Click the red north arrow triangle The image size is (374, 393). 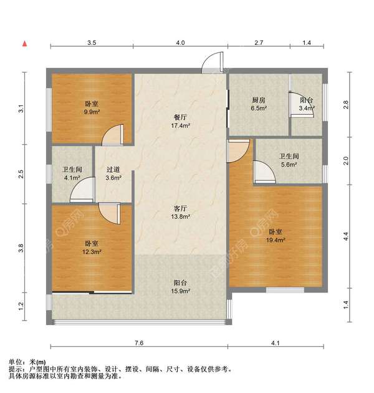(x=24, y=44)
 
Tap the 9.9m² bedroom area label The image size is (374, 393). (x=92, y=112)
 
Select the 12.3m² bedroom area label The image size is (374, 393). (x=92, y=251)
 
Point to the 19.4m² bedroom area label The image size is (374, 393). (x=276, y=240)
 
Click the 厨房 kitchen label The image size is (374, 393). (x=259, y=100)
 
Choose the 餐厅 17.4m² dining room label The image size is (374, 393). (x=180, y=121)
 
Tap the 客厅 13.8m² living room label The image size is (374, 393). (x=180, y=212)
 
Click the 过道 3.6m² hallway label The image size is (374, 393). (x=113, y=173)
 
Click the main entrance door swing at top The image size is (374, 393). (x=213, y=62)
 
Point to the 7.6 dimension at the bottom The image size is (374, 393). (x=139, y=342)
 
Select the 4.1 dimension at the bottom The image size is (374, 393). (x=276, y=342)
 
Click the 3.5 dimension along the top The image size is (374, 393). (x=92, y=42)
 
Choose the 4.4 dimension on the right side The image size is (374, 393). (x=346, y=236)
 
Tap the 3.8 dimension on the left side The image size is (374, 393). (x=21, y=248)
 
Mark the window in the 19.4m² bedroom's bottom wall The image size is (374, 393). (x=285, y=290)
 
